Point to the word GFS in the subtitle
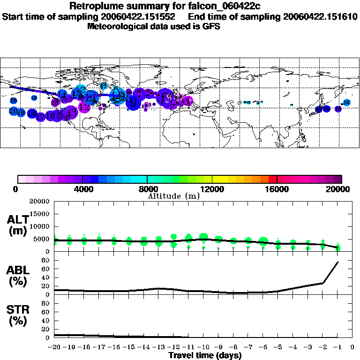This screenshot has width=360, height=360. pos(211,26)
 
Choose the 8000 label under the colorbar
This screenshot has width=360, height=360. pos(147,189)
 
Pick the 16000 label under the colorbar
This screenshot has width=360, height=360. pos(277,189)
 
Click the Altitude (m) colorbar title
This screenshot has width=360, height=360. pos(173,196)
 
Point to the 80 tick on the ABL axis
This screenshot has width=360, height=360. pos(46,260)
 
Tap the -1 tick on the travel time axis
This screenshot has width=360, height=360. pos(337,347)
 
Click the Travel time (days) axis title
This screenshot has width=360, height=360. pos(205,356)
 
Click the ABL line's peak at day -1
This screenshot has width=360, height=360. pos(338,262)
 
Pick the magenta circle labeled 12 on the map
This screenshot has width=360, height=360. pos(85,107)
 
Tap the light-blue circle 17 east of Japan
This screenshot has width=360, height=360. pos(347,103)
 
